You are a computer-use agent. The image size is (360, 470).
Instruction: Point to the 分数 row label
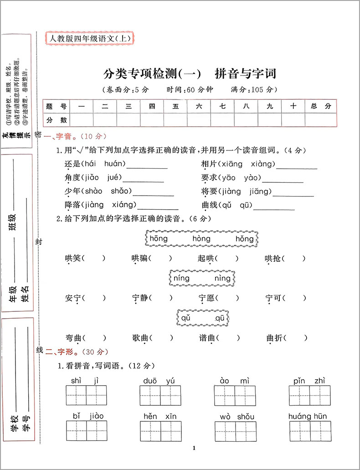pyautogui.click(x=57, y=120)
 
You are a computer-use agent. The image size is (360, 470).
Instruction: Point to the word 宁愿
pyautogui.click(x=206, y=298)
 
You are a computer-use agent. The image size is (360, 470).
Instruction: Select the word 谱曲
pyautogui.click(x=206, y=338)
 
